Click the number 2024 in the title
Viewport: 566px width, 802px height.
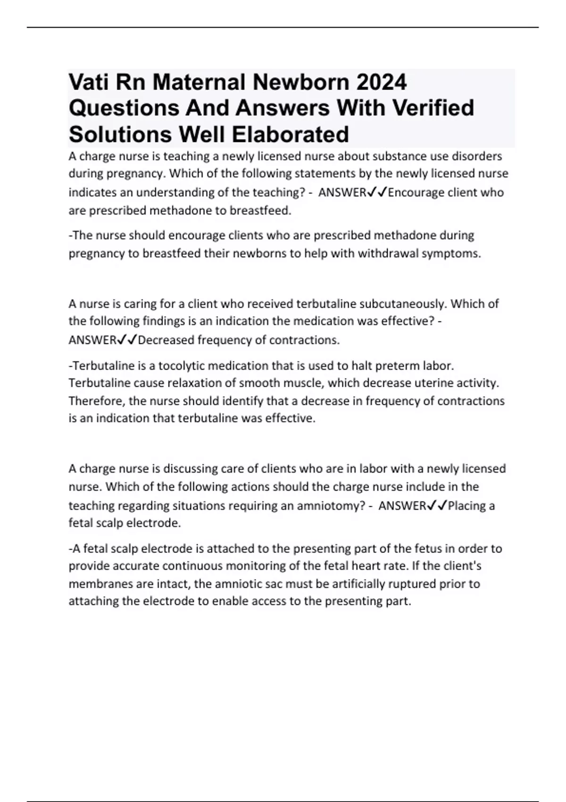pyautogui.click(x=382, y=83)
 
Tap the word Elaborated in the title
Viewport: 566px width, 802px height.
pyautogui.click(x=290, y=134)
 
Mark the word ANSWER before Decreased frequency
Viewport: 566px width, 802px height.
pyautogui.click(x=92, y=340)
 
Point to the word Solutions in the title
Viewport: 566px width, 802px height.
pyautogui.click(x=120, y=134)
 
